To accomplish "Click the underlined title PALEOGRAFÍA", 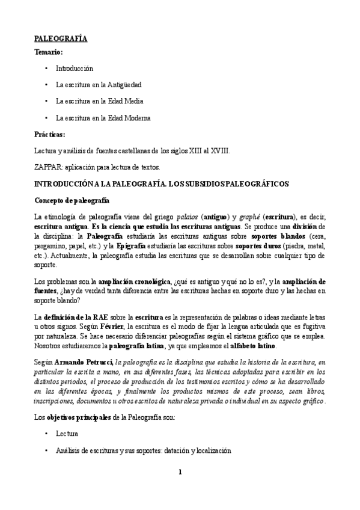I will point(61,38).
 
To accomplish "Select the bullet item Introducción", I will point(75,69).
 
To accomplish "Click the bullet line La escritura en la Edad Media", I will point(99,102).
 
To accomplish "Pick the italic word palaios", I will point(192,216).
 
